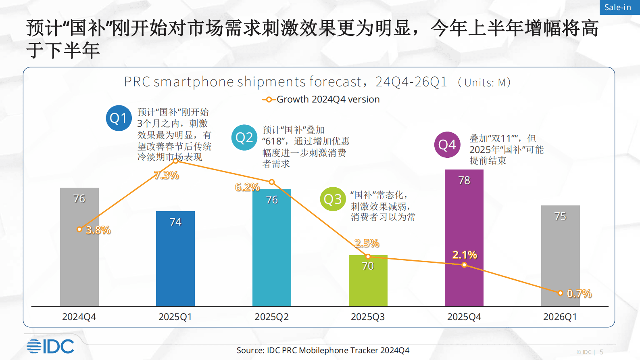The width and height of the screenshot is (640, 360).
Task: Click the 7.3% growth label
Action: pos(167,175)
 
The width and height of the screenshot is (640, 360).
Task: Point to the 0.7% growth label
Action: pos(579,293)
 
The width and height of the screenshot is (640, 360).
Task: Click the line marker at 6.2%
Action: pos(272,182)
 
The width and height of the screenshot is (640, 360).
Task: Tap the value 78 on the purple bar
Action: pos(464,180)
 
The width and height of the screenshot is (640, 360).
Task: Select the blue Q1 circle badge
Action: pos(119,118)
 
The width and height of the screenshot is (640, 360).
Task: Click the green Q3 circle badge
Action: pos(333,199)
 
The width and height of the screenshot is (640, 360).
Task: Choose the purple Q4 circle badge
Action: pos(447,144)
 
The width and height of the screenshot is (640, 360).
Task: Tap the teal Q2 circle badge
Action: pos(244,138)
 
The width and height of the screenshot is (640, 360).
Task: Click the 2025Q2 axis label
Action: pos(271,317)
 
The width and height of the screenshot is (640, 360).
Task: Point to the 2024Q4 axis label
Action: pos(79,317)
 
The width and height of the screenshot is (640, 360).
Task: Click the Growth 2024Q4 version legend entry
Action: pos(321,99)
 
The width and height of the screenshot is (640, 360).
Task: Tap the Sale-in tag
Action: pos(618,7)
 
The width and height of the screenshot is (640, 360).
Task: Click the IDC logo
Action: pos(50,346)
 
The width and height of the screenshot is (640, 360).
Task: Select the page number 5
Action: pos(601,352)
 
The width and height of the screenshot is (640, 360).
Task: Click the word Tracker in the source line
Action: pos(364,350)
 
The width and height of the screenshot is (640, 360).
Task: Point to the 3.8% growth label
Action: pos(98,230)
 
